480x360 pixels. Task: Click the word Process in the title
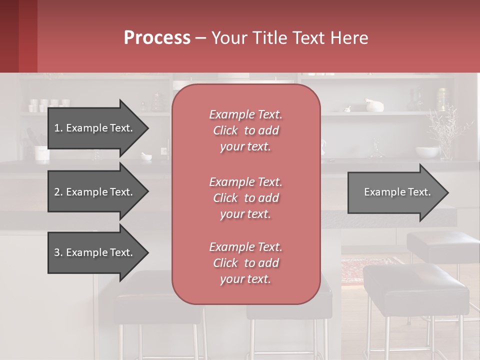[157, 38]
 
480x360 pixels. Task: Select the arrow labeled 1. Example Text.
[95, 128]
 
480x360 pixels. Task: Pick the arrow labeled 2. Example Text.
[95, 192]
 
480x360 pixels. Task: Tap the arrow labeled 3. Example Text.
[95, 252]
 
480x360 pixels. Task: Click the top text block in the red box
[245, 130]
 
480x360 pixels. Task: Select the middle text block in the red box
[245, 197]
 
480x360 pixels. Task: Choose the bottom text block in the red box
[245, 263]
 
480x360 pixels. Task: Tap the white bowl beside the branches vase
[426, 151]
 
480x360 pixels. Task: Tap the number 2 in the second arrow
[57, 192]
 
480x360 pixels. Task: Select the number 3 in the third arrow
[57, 252]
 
